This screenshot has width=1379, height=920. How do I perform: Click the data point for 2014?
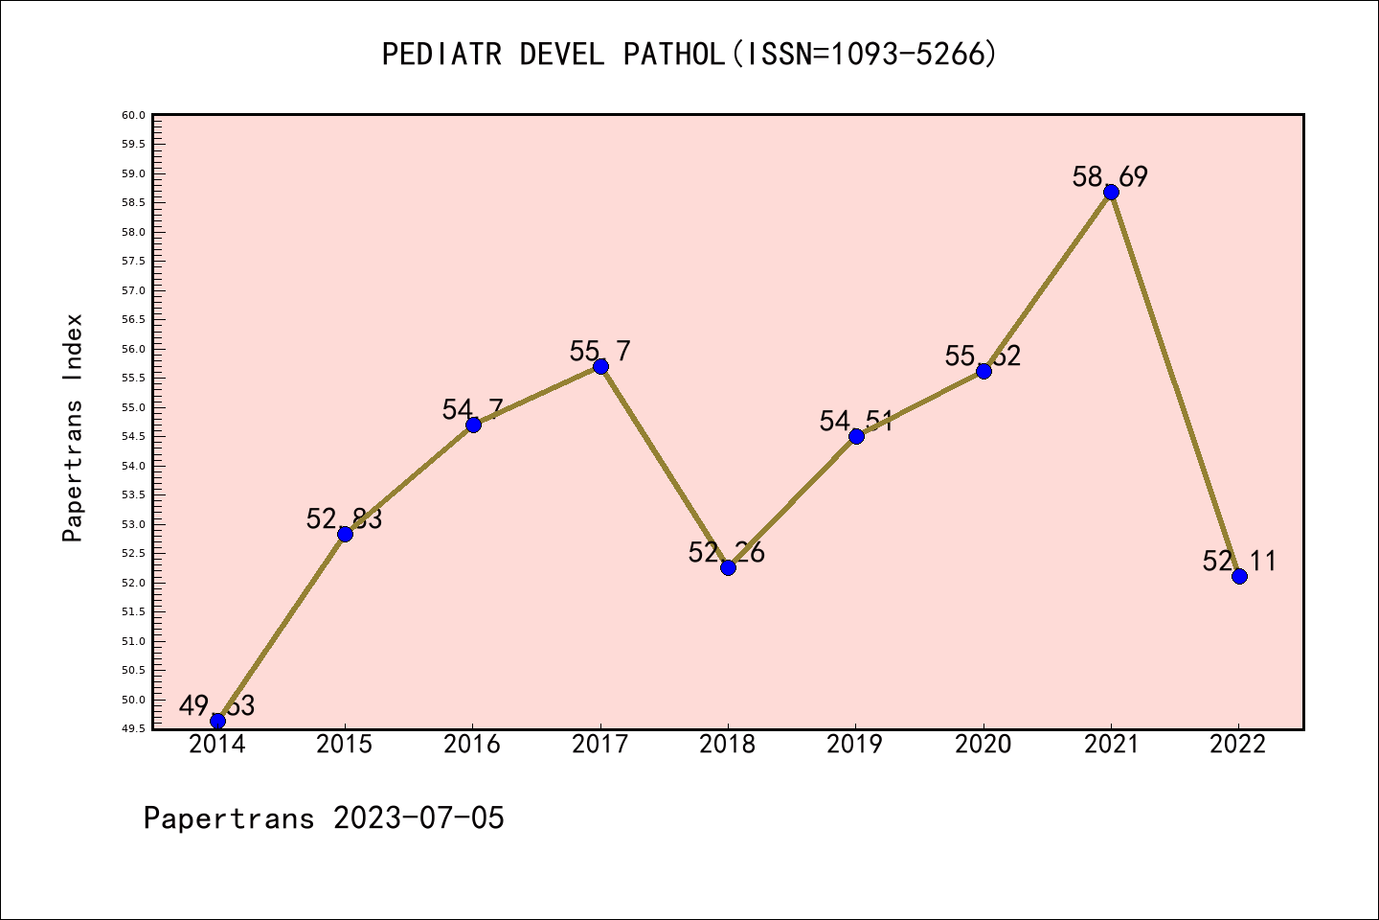(217, 721)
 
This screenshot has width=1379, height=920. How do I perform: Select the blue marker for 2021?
(1111, 192)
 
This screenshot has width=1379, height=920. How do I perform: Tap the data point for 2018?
(728, 567)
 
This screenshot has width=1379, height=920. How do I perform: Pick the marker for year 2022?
(1239, 576)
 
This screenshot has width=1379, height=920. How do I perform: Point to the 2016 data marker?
(473, 425)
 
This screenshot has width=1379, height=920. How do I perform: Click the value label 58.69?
(1110, 177)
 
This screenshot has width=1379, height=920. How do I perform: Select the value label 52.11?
(1239, 562)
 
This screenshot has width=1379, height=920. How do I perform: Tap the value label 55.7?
(600, 352)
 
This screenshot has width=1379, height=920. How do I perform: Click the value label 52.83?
(345, 519)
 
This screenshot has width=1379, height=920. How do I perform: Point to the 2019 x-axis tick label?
(855, 745)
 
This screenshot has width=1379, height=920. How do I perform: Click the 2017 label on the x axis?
(600, 745)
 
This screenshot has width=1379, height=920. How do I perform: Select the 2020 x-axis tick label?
(983, 745)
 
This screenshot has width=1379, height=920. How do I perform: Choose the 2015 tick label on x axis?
(345, 745)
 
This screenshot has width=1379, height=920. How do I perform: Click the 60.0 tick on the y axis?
(134, 115)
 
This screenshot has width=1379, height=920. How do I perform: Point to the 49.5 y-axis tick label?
(134, 728)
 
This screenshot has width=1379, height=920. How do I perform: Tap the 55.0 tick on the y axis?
(134, 407)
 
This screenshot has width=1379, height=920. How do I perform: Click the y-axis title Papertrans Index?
(74, 426)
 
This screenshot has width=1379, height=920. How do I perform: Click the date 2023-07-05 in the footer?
(418, 818)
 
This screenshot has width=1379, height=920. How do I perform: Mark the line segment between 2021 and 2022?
(1175, 383)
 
